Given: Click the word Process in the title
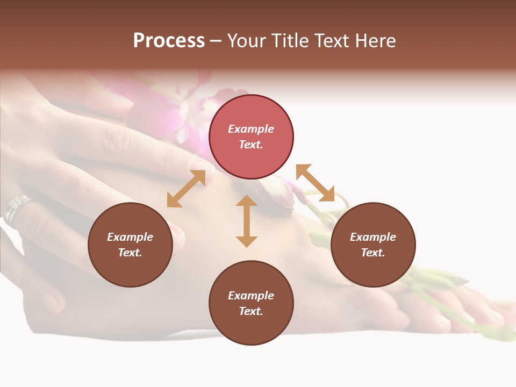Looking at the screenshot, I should tap(169, 41).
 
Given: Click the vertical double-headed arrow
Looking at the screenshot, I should tap(247, 221).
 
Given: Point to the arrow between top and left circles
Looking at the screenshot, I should tap(186, 189).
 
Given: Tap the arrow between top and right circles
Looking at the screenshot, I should tap(315, 183).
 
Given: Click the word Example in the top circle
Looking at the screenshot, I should tap(251, 129).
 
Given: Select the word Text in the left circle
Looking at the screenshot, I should tap(130, 253).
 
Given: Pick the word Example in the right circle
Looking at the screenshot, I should tap(373, 237).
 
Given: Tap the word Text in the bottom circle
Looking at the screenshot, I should tap(251, 311).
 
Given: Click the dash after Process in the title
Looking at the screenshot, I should tap(216, 41).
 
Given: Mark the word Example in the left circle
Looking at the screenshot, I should tap(130, 237).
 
